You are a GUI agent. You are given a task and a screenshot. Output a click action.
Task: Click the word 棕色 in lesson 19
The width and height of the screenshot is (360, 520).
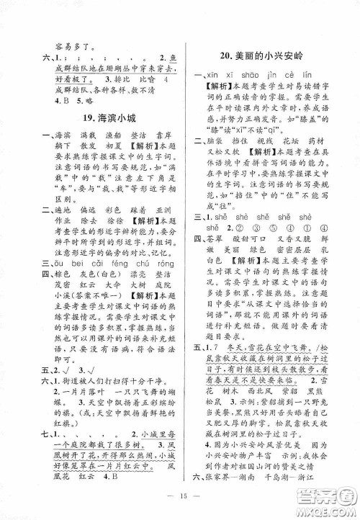[x=67, y=295]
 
